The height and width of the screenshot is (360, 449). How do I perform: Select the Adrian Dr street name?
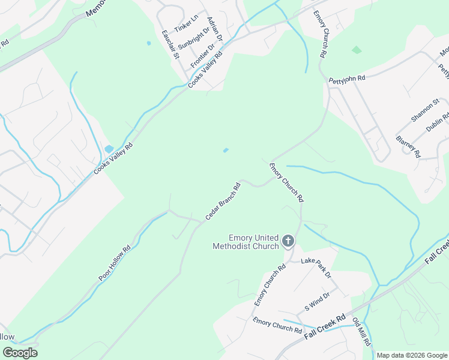(215, 29)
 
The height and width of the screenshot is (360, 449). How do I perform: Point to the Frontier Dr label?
(202, 55)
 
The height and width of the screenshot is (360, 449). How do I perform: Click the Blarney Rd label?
(408, 146)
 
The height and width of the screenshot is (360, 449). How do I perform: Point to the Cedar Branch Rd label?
(223, 200)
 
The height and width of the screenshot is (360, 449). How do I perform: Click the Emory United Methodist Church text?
(246, 242)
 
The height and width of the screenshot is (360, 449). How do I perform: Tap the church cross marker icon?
(288, 242)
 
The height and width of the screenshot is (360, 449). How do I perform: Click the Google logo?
(20, 353)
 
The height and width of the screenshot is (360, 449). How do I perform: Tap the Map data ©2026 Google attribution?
(412, 355)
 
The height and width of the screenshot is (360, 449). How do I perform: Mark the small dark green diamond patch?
(357, 50)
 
